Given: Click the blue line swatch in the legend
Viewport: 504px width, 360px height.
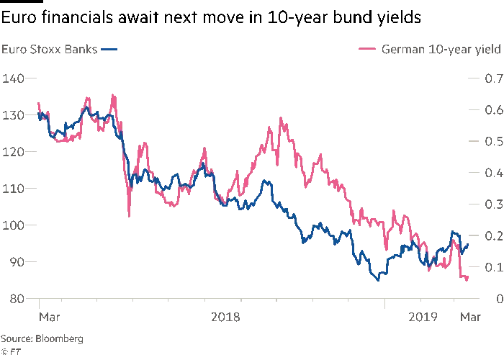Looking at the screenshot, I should click(x=109, y=50).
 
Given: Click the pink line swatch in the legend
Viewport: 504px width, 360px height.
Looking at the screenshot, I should click(x=368, y=50).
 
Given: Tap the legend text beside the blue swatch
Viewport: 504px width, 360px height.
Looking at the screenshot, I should click(x=49, y=50).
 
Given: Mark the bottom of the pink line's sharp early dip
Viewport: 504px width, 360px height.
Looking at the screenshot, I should click(x=130, y=215).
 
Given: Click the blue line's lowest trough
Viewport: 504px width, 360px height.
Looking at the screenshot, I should click(x=375, y=279).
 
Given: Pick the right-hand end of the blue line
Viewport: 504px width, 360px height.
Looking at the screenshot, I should click(x=470, y=245).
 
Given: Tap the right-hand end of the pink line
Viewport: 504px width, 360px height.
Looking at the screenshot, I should click(x=470, y=279).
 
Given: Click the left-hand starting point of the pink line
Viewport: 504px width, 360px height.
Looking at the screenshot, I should click(x=37, y=100).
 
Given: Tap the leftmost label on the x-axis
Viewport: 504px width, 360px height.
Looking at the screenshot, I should click(x=45, y=315).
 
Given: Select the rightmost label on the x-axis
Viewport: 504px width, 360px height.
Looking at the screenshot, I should click(x=469, y=315).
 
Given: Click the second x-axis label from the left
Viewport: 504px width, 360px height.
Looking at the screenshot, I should click(x=224, y=315).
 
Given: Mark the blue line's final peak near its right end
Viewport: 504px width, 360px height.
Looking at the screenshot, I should click(x=454, y=233).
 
